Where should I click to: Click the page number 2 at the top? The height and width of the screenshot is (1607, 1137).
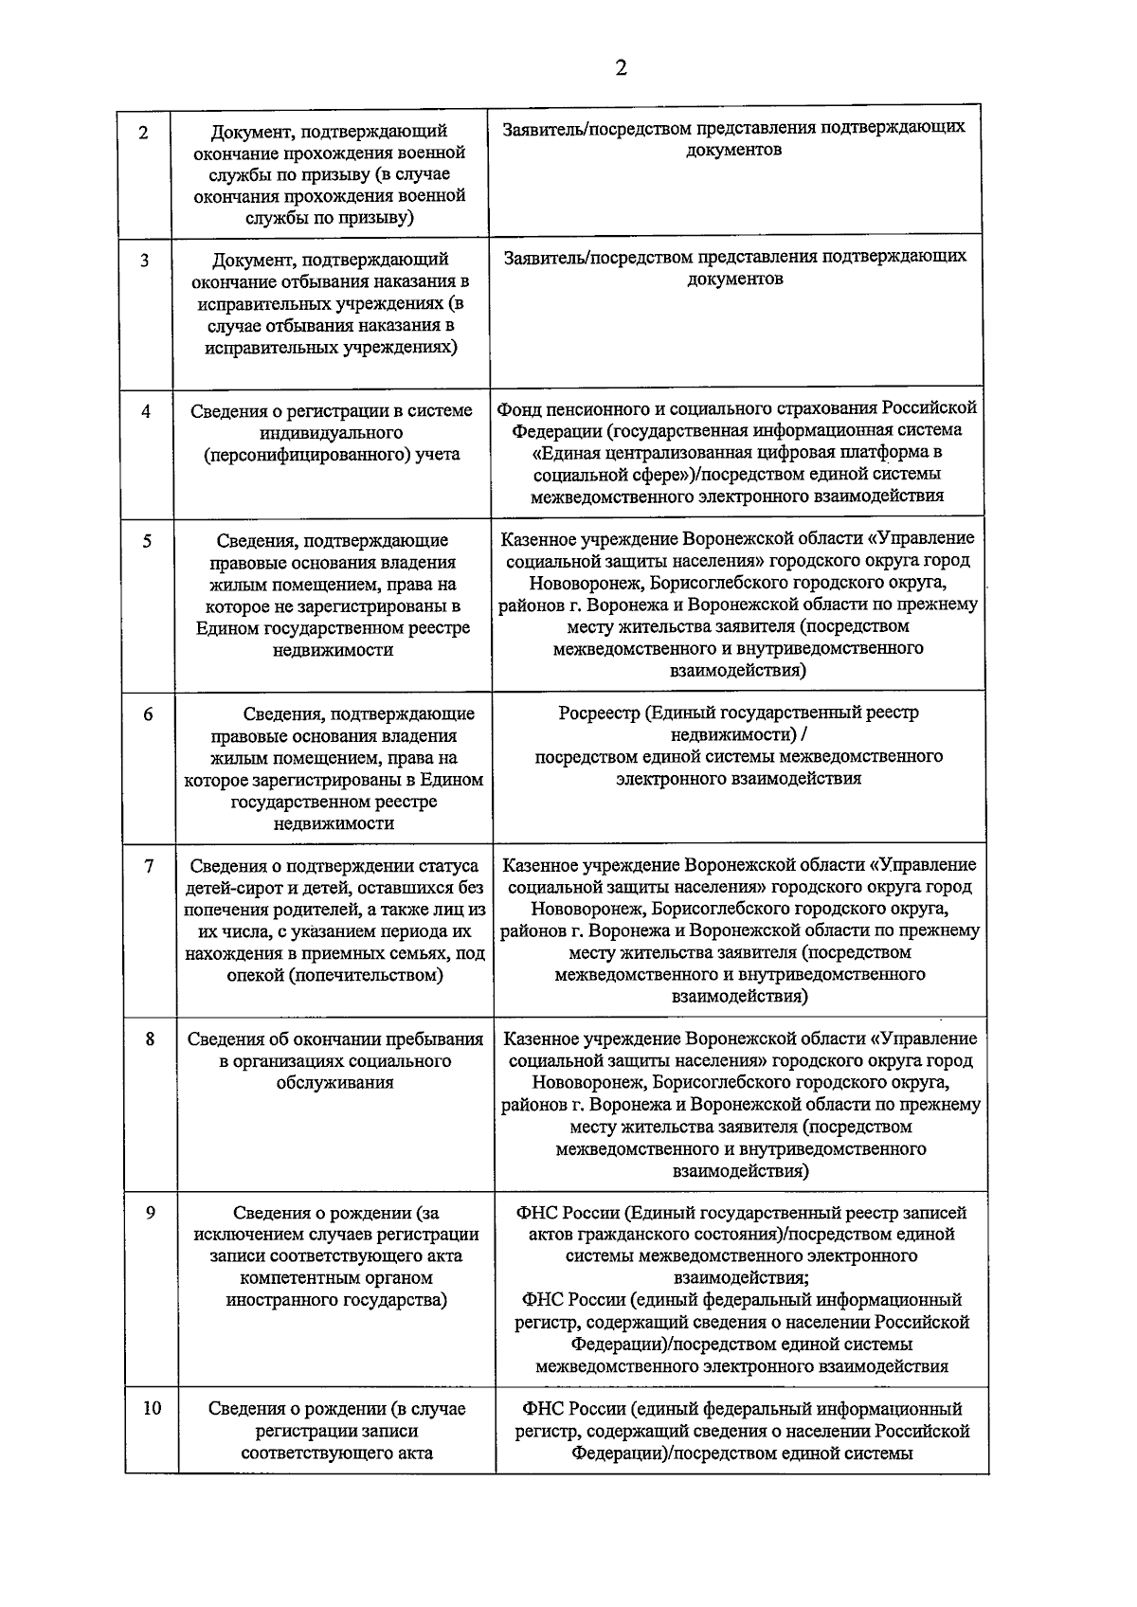point(621,68)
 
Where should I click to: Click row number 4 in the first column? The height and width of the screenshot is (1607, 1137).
point(146,411)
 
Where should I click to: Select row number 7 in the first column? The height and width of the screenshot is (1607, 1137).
point(149,865)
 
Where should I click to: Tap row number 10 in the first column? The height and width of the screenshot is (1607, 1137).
point(152,1408)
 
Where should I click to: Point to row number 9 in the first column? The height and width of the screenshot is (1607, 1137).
point(150,1212)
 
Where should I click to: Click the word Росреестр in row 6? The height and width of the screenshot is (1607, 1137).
point(600,713)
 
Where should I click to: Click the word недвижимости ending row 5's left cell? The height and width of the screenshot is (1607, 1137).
point(333,650)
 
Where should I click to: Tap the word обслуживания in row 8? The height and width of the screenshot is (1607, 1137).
point(334,1083)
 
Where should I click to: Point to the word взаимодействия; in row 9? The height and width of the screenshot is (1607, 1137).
point(742,1278)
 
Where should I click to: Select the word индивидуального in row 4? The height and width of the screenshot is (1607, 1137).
point(331,433)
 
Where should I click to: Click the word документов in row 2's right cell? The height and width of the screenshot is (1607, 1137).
point(734,150)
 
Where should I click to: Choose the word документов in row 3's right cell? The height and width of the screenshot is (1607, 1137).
point(735,280)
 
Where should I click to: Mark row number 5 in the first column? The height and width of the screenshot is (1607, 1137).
point(147,541)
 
